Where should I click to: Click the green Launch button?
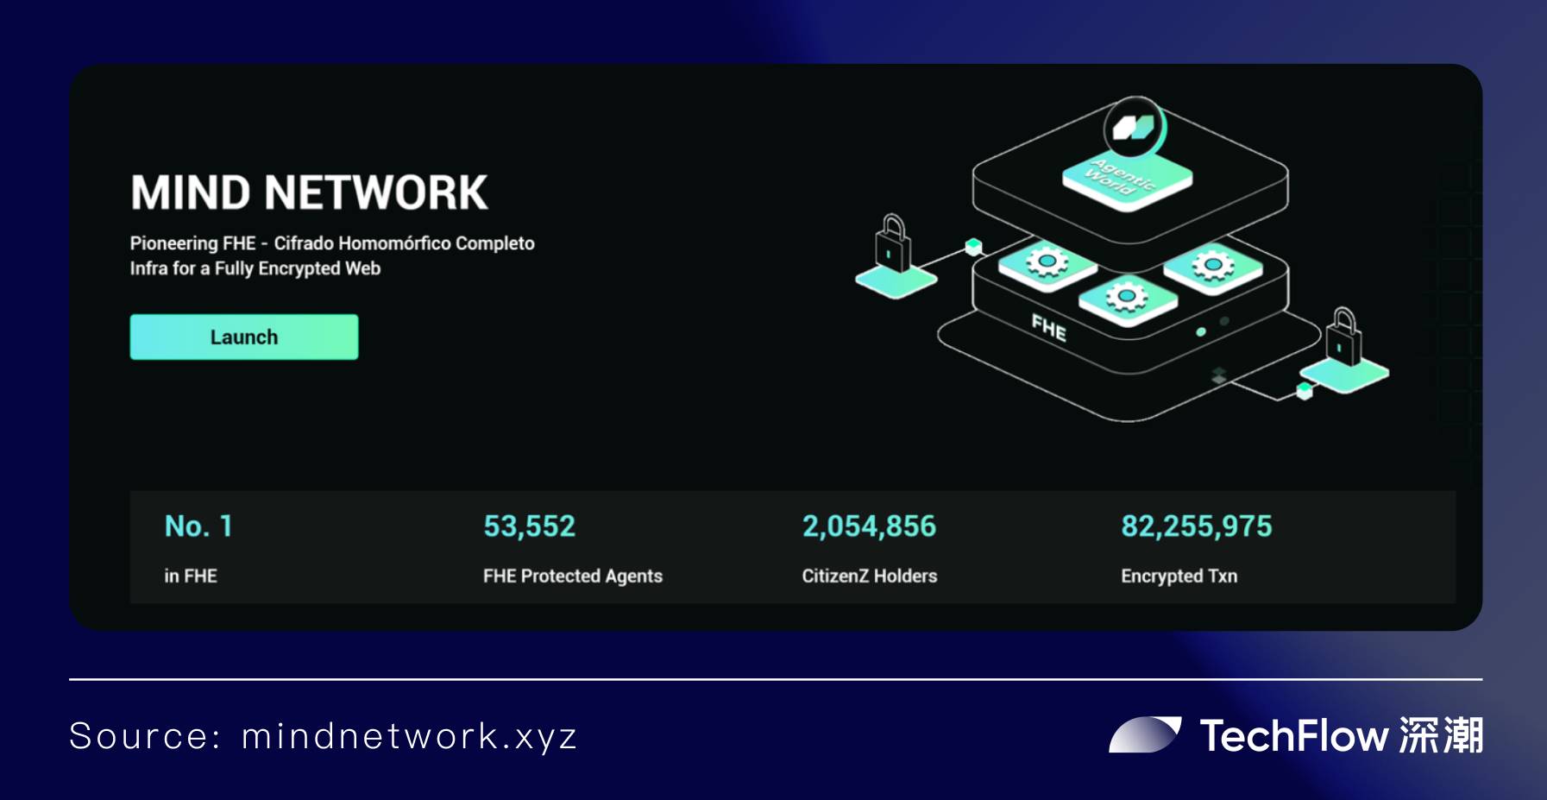244,337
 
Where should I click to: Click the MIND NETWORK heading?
309,192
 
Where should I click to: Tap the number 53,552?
529,526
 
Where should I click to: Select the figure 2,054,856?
869,526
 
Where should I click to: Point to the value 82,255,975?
1196,526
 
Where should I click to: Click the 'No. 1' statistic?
198,526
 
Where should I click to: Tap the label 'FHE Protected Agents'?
573,576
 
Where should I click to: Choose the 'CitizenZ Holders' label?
870,576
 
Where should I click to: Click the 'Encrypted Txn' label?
1179,576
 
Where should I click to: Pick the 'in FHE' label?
191,576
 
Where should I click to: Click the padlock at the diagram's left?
892,244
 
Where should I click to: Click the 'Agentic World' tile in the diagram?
1127,178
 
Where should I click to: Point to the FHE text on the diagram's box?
1049,328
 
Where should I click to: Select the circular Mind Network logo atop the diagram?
1135,128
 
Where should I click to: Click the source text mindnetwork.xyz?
409,736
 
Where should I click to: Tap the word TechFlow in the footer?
1294,736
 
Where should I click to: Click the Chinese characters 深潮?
1441,736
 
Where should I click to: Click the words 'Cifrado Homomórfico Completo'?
405,243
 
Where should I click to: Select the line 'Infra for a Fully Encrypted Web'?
255,268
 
